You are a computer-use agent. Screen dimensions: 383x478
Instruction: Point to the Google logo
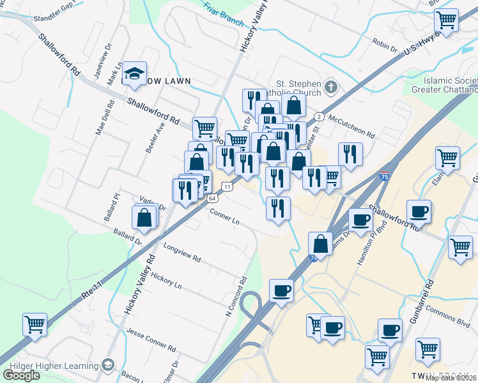coord(21,375)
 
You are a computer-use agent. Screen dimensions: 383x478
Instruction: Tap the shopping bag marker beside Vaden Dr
coord(145,217)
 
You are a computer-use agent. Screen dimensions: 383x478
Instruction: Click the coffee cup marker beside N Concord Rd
coord(281,291)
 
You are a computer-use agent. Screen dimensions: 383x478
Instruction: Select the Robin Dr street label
coord(385,45)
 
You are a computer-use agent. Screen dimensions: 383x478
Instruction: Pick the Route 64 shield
coord(212,199)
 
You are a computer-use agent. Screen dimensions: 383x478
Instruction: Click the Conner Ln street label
coord(224,218)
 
